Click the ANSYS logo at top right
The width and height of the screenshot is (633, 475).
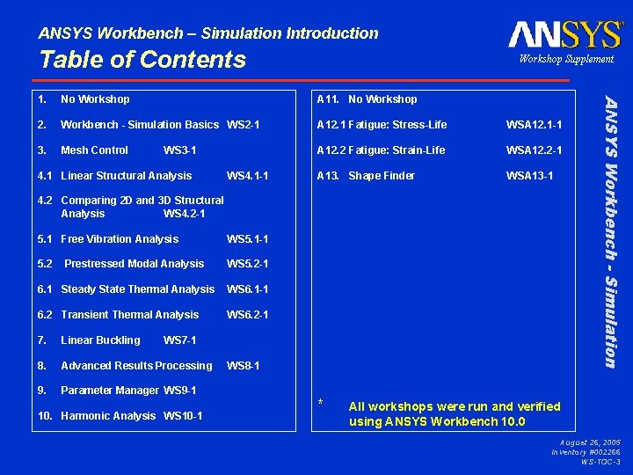[x=564, y=34]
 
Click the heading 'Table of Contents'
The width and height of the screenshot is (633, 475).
[x=142, y=60]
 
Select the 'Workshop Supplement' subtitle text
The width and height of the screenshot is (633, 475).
[x=565, y=59]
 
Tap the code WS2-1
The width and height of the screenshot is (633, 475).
[x=243, y=125]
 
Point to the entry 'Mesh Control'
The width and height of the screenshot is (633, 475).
[x=94, y=150]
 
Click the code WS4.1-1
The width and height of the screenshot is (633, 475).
[x=247, y=176]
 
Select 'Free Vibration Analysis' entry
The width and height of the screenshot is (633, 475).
[x=120, y=239]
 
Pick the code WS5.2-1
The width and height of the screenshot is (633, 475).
[x=247, y=264]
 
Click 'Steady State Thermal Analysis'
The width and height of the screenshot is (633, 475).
[x=137, y=289]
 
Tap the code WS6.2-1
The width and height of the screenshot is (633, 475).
[x=247, y=315]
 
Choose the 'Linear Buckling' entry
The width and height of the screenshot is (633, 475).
[x=100, y=340]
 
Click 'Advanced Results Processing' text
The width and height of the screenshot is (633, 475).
[x=136, y=366]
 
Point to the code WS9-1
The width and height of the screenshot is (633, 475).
[x=179, y=391]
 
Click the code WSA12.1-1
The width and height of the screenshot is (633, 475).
[x=534, y=125]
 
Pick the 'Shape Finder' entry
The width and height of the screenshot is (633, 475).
[x=381, y=176]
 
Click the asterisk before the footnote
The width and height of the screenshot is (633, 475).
[x=321, y=403]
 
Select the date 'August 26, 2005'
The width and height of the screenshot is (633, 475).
[x=588, y=442]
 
